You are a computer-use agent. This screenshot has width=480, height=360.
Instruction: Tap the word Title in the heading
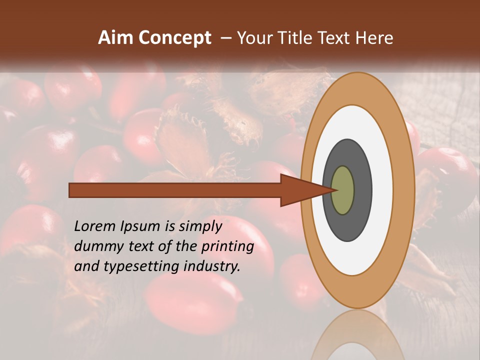click(x=297, y=38)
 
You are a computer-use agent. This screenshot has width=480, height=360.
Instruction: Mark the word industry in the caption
click(x=212, y=266)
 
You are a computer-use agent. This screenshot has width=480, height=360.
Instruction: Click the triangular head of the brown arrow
click(x=300, y=190)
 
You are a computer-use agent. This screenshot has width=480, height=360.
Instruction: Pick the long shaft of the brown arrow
click(x=175, y=190)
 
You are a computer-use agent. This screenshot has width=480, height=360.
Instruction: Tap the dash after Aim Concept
click(x=226, y=38)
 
